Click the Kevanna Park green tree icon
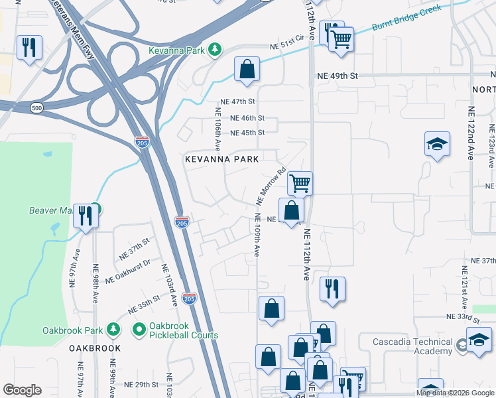(214, 49)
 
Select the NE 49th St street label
(337, 76)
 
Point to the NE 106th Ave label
(217, 129)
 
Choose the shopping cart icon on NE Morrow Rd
(300, 182)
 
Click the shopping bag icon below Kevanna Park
(247, 68)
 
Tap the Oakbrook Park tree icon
(113, 329)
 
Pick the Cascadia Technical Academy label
(405, 344)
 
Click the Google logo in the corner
(22, 390)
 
